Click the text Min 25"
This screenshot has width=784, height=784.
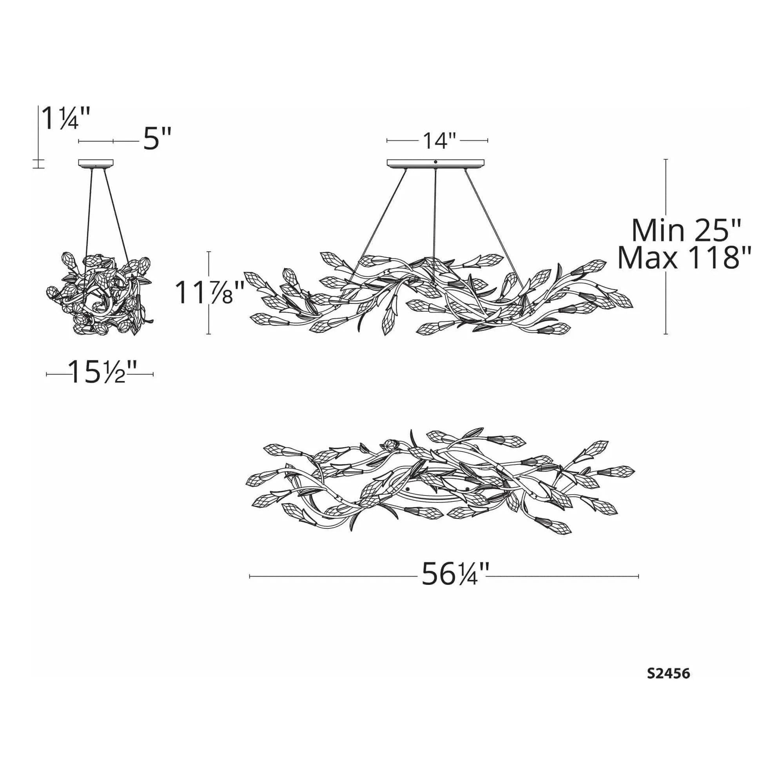(x=687, y=230)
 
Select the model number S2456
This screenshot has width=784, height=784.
(x=668, y=673)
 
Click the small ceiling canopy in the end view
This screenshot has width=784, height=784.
(x=96, y=163)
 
